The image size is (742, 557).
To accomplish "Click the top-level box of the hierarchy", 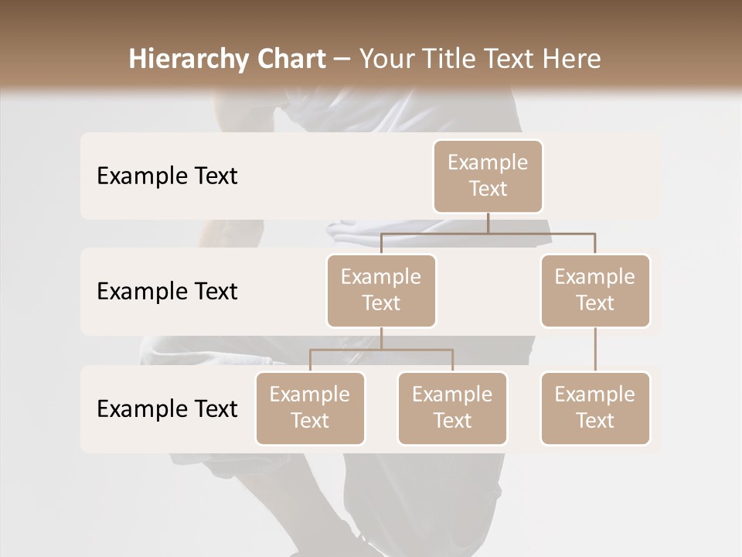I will (x=488, y=176).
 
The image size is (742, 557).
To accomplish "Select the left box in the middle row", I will (x=381, y=290).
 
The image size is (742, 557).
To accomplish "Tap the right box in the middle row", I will (x=595, y=290).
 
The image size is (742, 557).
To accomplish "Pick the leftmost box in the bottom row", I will (x=310, y=408).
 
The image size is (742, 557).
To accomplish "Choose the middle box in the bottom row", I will (x=452, y=408).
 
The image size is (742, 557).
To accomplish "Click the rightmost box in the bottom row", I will (x=595, y=408).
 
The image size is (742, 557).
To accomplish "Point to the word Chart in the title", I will (x=287, y=59).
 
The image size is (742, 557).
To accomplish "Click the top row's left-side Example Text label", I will (x=167, y=176).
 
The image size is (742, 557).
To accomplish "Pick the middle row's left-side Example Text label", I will (x=167, y=291).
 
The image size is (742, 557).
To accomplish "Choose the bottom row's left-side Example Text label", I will (x=167, y=408).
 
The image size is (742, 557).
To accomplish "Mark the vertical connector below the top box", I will (x=488, y=223).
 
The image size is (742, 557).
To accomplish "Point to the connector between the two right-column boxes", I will (x=595, y=350).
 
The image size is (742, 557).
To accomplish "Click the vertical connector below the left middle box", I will (x=381, y=338).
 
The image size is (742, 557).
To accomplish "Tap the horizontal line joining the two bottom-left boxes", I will (x=381, y=350).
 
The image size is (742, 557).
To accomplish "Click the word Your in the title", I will (x=386, y=59).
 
